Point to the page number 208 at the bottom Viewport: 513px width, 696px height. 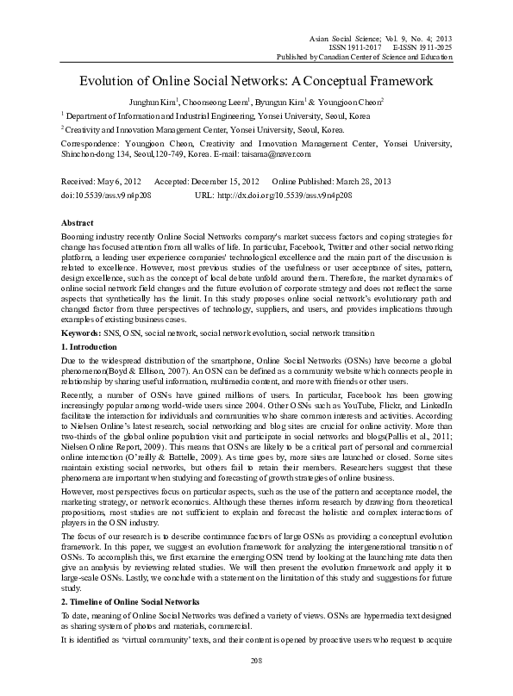coord(255,683)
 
